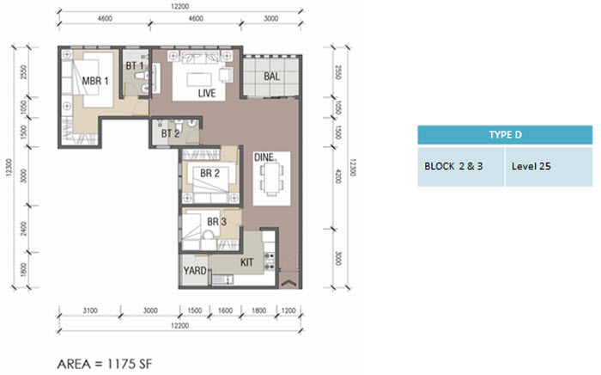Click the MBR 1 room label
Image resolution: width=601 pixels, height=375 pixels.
click(95, 81)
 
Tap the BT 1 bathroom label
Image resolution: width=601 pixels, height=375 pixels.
click(135, 65)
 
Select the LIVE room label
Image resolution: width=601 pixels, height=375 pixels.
click(207, 93)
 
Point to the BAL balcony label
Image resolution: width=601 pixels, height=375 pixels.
click(272, 77)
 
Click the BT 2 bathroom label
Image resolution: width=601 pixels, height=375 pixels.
click(170, 133)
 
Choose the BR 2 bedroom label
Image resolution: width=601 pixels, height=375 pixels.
click(209, 173)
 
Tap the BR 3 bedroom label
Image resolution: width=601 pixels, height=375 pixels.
click(216, 221)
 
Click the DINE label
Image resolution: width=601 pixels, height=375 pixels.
click(264, 157)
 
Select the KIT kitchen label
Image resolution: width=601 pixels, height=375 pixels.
click(246, 262)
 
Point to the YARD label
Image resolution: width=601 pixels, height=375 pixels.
click(195, 271)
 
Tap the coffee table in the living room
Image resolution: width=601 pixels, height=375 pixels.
click(199, 79)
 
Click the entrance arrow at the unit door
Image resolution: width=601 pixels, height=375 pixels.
click(288, 283)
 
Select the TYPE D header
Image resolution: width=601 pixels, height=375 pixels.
click(505, 135)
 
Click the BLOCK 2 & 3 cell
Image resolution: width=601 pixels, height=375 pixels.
click(461, 167)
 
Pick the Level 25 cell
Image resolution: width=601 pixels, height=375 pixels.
click(549, 167)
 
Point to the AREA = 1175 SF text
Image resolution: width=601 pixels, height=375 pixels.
click(105, 364)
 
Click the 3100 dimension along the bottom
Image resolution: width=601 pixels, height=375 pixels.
click(90, 310)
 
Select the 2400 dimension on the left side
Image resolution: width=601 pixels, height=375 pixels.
click(24, 229)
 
